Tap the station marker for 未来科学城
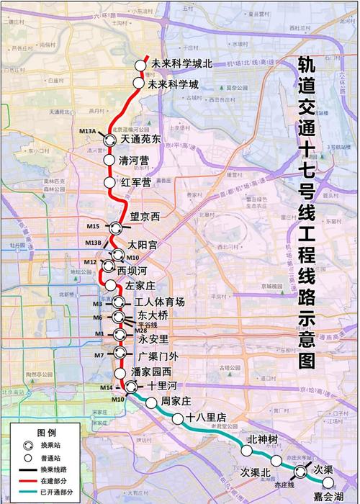pyautogui.click(x=138, y=84)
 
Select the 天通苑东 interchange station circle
pyautogui.click(x=110, y=140)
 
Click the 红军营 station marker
pyautogui.click(x=109, y=182)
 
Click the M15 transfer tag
pyautogui.click(x=91, y=227)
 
